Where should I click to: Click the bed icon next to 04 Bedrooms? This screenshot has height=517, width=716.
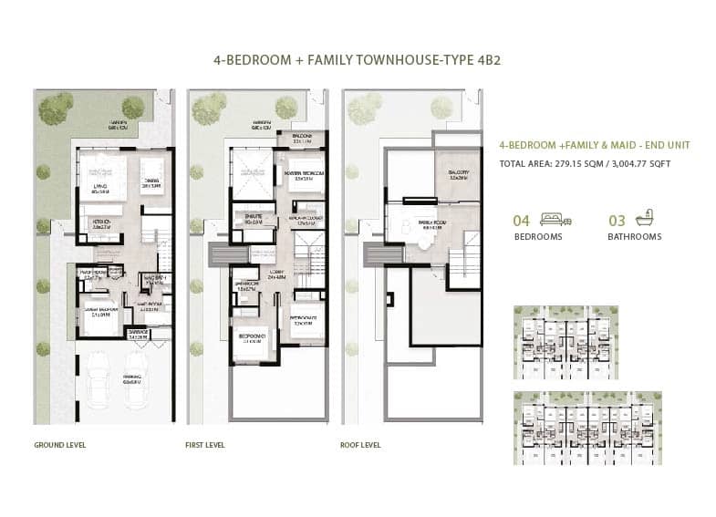coord(552,219)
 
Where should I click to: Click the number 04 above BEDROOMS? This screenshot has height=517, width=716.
coord(522,220)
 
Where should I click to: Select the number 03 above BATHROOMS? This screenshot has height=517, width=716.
coord(617,220)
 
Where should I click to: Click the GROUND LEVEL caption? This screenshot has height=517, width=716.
coord(59,445)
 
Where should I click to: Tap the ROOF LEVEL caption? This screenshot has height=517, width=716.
coord(360,445)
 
